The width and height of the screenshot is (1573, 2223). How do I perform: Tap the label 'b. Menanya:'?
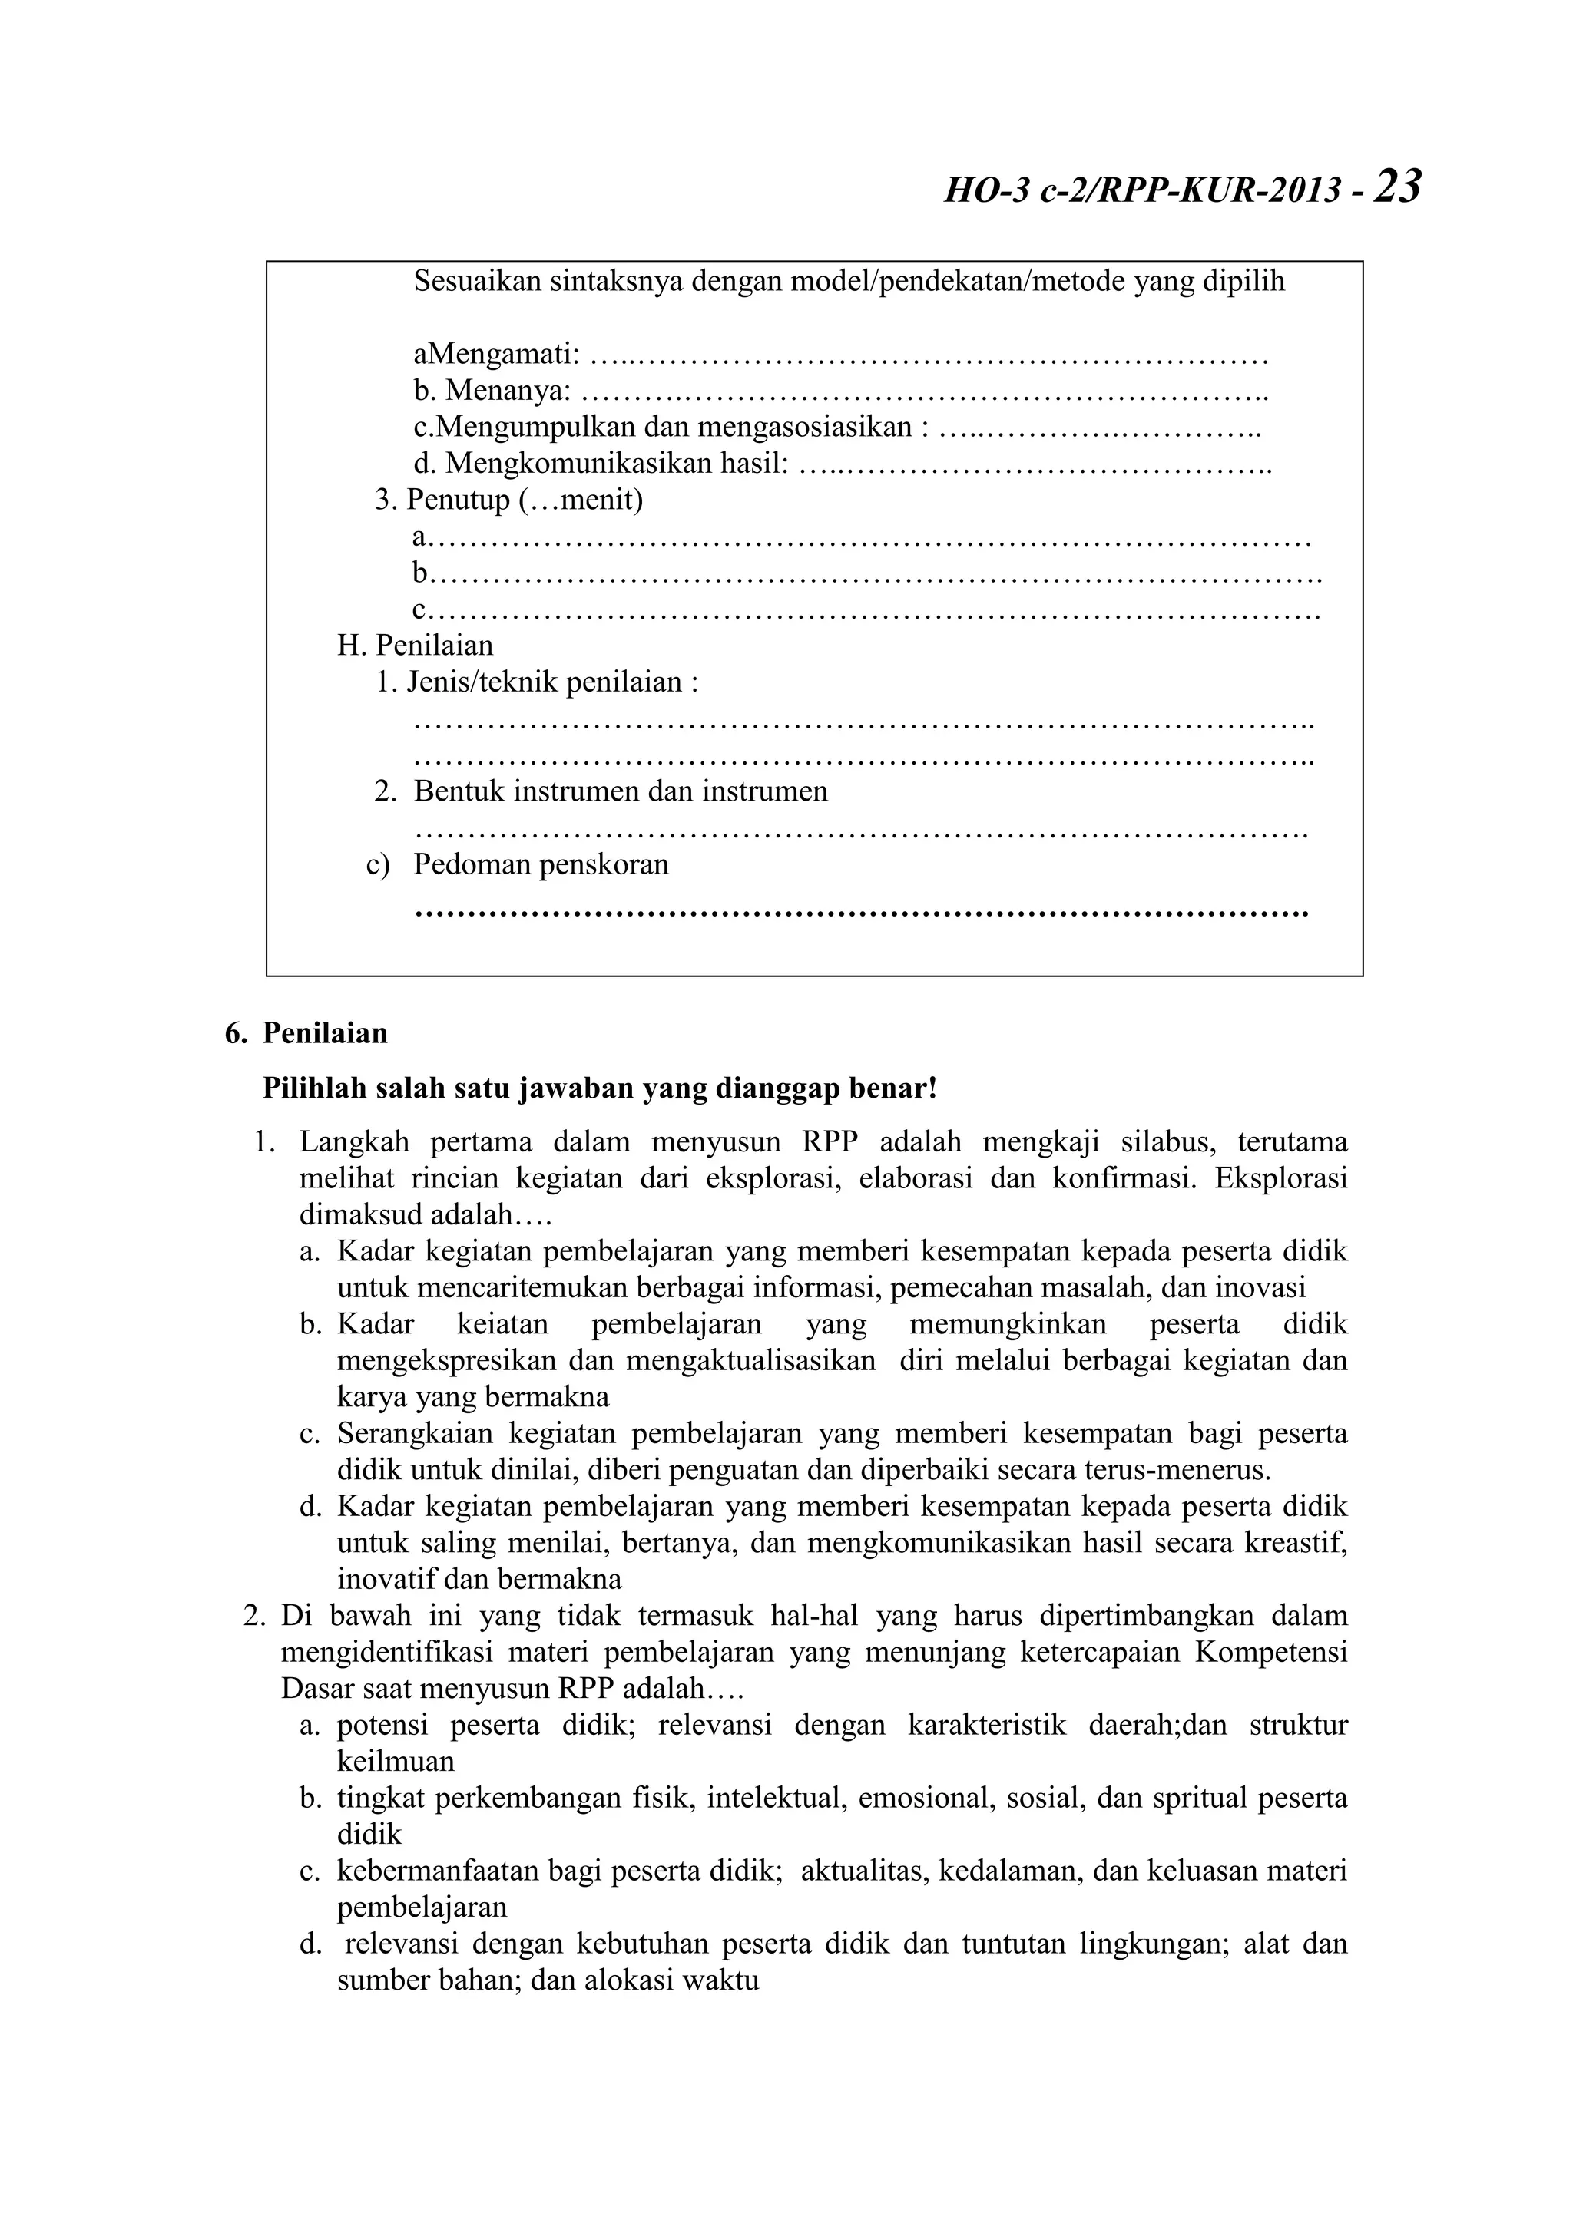492,392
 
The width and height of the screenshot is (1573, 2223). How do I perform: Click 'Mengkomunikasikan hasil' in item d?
616,464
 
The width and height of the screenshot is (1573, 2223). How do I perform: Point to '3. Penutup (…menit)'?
509,500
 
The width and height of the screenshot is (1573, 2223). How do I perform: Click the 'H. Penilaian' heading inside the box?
415,645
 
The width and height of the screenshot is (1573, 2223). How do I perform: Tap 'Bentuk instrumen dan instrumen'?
620,791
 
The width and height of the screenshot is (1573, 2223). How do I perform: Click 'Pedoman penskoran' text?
541,864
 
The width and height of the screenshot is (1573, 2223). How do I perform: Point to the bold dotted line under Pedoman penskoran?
860,912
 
